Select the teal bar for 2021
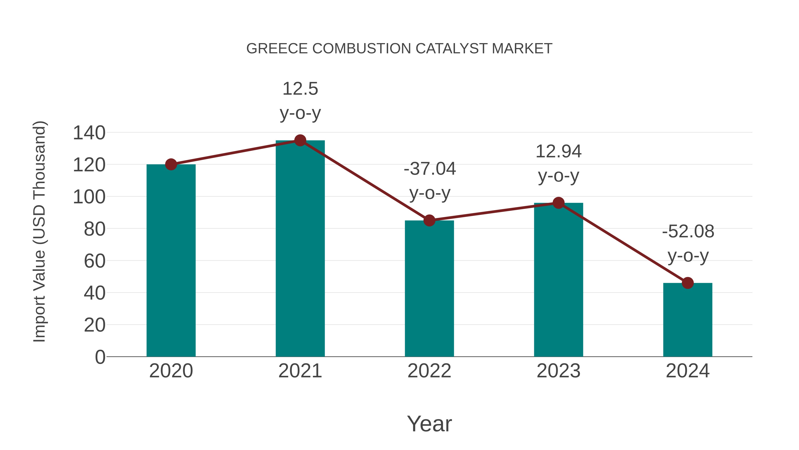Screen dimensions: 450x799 coord(300,248)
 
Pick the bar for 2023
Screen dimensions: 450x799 coord(558,280)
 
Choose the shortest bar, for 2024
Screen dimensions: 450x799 coord(688,320)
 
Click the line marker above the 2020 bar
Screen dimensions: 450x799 coord(171,164)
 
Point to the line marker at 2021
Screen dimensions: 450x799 coord(300,140)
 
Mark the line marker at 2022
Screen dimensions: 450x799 coord(429,220)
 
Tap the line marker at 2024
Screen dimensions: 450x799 coord(688,283)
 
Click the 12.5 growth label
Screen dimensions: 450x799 coord(300,89)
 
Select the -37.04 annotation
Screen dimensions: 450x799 coord(430,169)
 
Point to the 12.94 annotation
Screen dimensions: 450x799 coord(558,152)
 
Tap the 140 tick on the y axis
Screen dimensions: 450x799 coord(89,133)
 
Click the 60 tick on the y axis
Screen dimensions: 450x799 coord(95,261)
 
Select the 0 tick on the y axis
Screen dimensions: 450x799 coord(100,357)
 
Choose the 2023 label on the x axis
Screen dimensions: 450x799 coord(558,371)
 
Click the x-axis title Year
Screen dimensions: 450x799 coord(429,424)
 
